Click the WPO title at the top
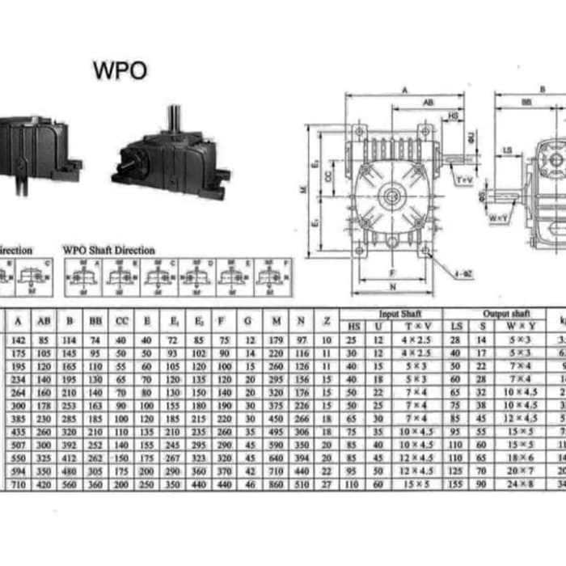pos(120,70)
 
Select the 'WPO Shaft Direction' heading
pos(108,251)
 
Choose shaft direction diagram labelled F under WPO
pos(272,276)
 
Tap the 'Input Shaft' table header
pos(399,313)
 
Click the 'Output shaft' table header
pos(502,313)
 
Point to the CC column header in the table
pos(121,321)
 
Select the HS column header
pos(353,325)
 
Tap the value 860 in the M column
pos(277,484)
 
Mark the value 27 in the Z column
pos(327,484)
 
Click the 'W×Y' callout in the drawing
pos(498,218)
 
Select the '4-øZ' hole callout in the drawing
pos(463,275)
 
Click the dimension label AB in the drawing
pos(428,103)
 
